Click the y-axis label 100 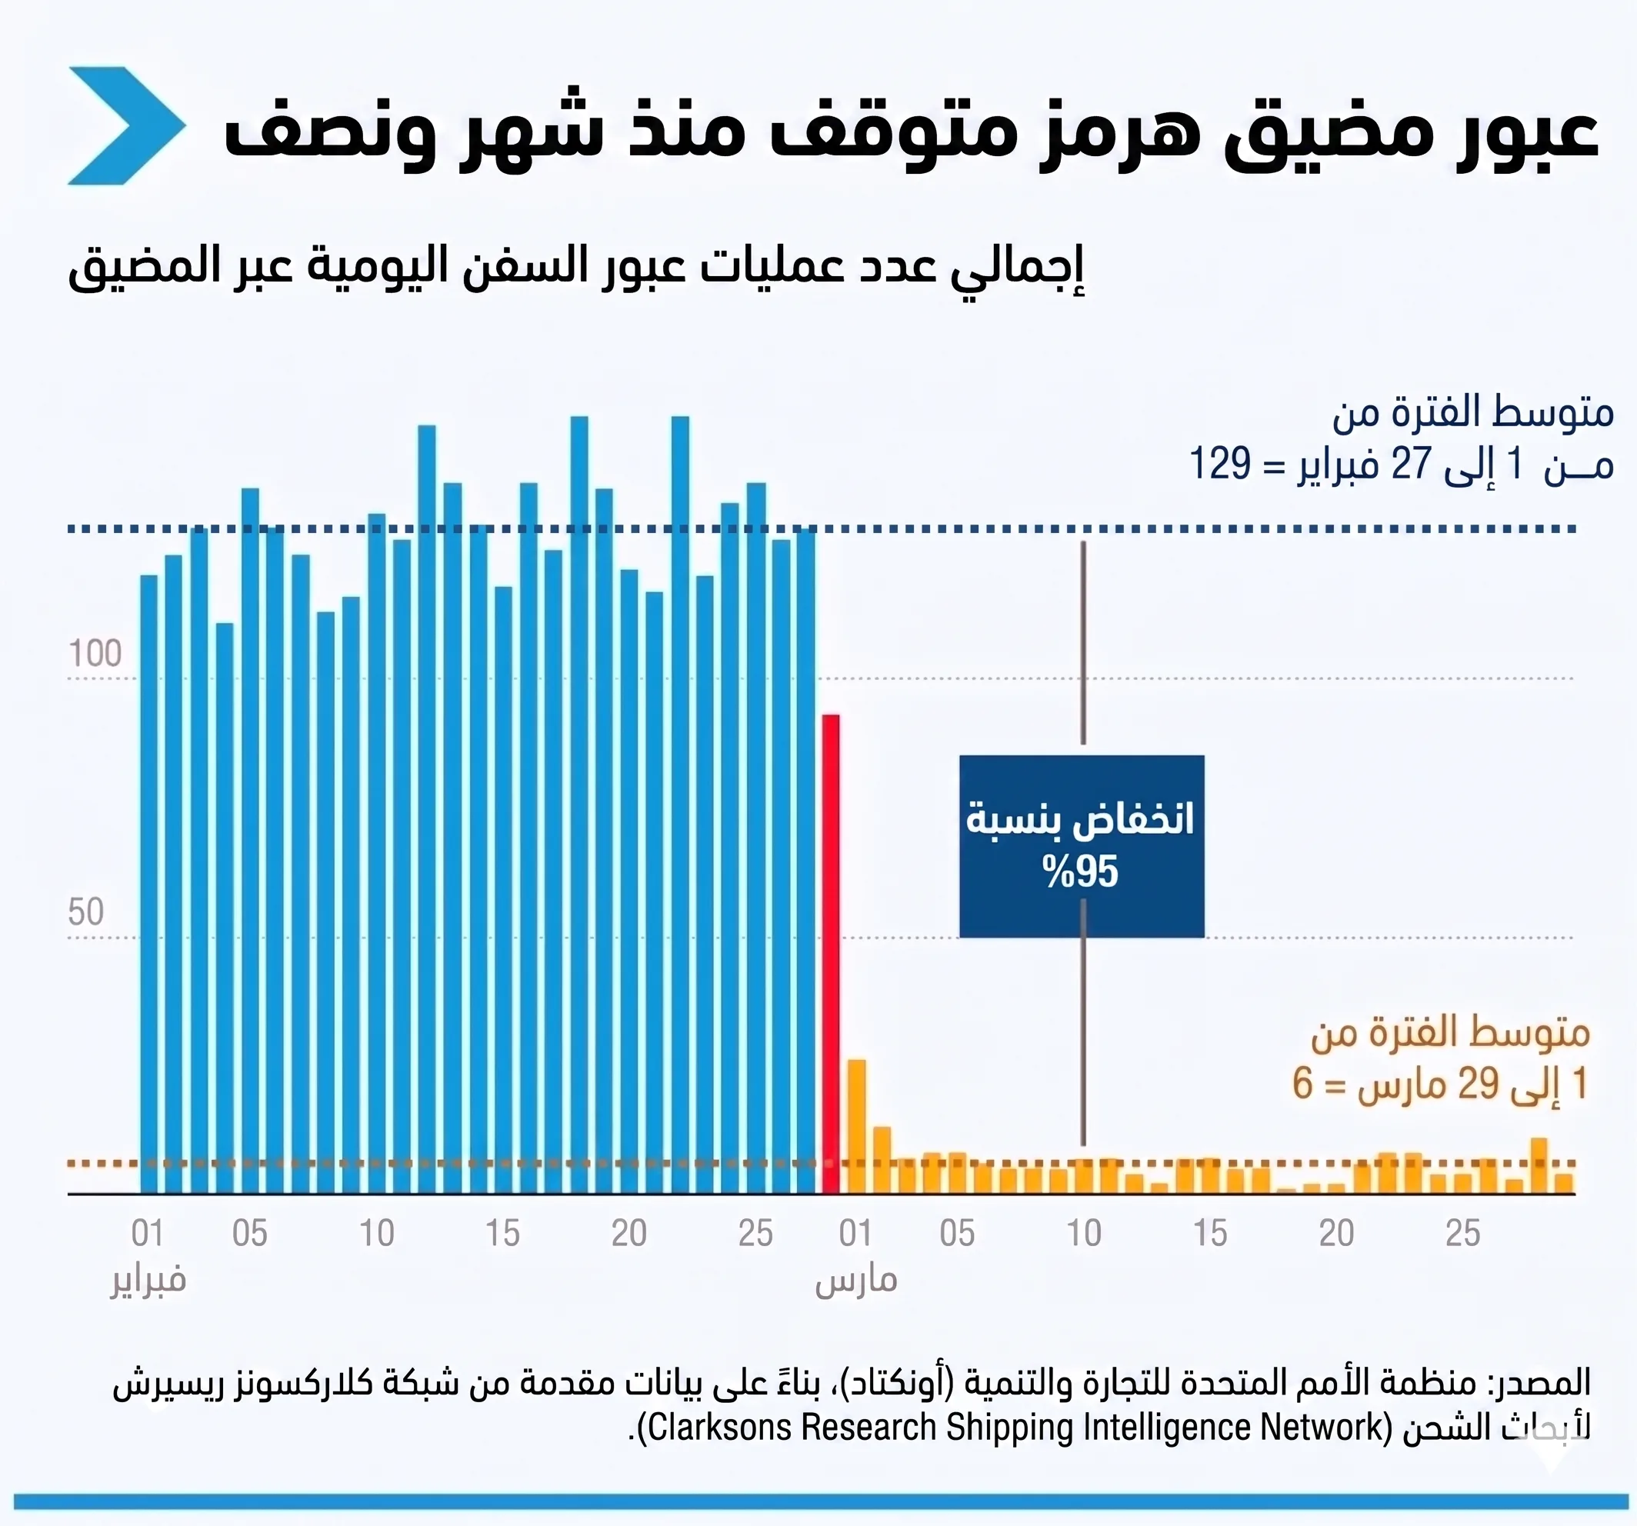(95, 654)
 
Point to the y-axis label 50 (85, 912)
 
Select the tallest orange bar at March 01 (856, 1126)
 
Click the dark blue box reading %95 (1081, 846)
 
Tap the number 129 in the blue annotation (1219, 464)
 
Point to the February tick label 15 (502, 1234)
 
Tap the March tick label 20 (1335, 1234)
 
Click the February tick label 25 (755, 1234)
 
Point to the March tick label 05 (957, 1234)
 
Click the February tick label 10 (376, 1234)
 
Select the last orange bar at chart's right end (1564, 1184)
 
